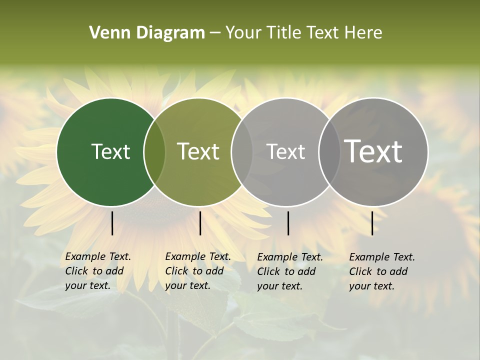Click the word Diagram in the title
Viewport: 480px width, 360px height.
click(170, 33)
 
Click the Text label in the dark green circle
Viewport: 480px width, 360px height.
click(110, 151)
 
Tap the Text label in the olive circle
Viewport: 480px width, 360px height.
click(198, 151)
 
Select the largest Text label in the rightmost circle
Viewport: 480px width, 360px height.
click(373, 151)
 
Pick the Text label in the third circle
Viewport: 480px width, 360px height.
click(285, 151)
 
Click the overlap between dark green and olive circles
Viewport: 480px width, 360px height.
click(154, 152)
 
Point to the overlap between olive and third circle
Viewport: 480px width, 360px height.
click(242, 152)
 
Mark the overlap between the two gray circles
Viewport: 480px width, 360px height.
click(329, 152)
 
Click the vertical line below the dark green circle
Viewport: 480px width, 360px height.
click(112, 223)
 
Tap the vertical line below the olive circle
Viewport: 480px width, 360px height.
click(200, 223)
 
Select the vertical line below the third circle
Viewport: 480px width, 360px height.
click(288, 223)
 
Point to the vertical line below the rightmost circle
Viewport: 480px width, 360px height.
click(372, 223)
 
